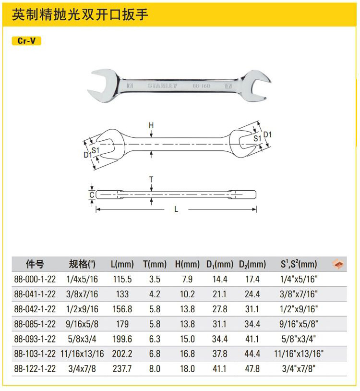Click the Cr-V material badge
pyautogui.click(x=26, y=41)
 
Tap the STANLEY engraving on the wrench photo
pyautogui.click(x=162, y=86)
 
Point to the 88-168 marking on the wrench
pyautogui.click(x=201, y=86)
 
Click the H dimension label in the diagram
pyautogui.click(x=151, y=125)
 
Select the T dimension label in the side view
pyautogui.click(x=151, y=179)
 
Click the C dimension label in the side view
pyautogui.click(x=92, y=195)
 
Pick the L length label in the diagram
pyautogui.click(x=176, y=209)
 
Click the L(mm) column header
pyautogui.click(x=122, y=264)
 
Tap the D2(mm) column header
pyautogui.click(x=252, y=264)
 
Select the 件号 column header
pyautogui.click(x=35, y=264)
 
